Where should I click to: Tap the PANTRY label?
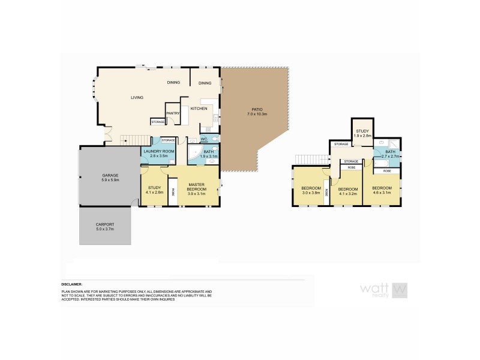click(173, 112)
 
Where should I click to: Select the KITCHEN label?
click(199, 109)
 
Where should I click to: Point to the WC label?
click(204, 139)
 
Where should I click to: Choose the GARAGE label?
click(110, 175)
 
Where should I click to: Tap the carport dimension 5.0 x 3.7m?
click(104, 229)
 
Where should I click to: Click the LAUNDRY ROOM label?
click(158, 151)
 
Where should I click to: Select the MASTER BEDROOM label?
click(197, 187)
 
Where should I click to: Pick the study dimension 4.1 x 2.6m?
click(154, 193)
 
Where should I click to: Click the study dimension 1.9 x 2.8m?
click(362, 136)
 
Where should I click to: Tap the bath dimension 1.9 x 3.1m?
click(209, 156)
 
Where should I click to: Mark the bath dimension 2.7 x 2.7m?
click(391, 156)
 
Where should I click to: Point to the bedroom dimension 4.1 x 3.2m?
click(347, 194)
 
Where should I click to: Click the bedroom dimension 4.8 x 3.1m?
click(382, 194)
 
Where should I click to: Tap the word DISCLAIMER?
click(71, 284)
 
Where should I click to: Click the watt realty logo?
click(384, 290)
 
